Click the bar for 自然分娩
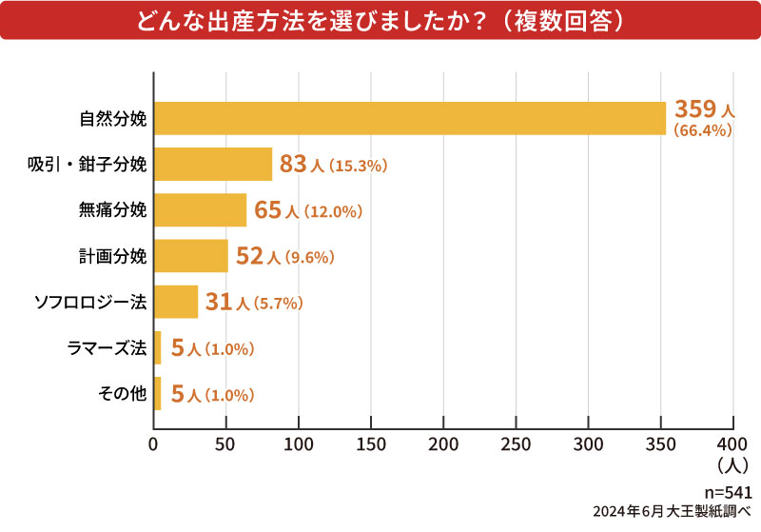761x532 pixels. [x=409, y=119]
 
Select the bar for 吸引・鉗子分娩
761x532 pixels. [x=213, y=165]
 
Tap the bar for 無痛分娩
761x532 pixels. [x=200, y=210]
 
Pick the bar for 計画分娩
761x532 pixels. [x=191, y=256]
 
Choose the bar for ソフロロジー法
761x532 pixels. [x=176, y=302]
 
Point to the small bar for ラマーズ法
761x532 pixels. [x=157, y=348]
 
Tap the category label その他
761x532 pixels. [x=123, y=394]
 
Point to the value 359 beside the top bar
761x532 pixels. [x=694, y=109]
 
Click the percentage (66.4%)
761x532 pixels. [x=702, y=131]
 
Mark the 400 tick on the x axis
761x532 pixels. [x=733, y=444]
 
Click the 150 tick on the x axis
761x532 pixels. [x=371, y=444]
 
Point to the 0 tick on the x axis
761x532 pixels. [x=154, y=444]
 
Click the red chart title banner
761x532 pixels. [x=380, y=20]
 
